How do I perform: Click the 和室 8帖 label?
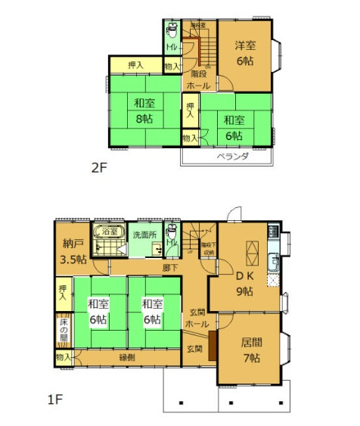tap(144, 111)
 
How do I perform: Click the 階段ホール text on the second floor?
tap(199, 80)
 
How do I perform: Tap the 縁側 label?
tap(126, 356)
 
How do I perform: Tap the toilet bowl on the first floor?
tap(172, 230)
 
